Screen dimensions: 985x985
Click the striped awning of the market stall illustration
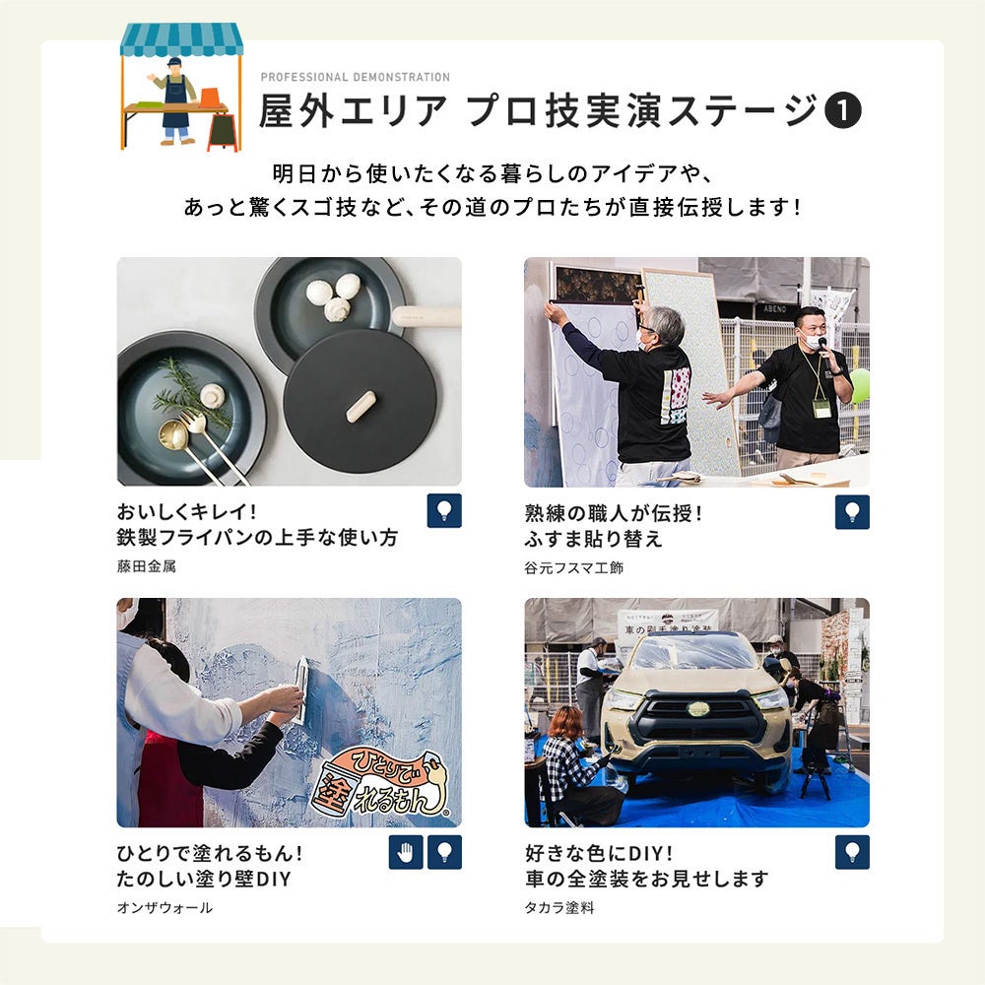click(x=181, y=39)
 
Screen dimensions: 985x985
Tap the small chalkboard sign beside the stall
click(x=223, y=132)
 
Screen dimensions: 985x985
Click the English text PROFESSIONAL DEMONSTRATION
click(x=355, y=77)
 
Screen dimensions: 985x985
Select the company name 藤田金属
click(x=147, y=566)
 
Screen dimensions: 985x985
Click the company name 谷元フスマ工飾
click(x=573, y=568)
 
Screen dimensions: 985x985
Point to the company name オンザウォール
click(x=164, y=908)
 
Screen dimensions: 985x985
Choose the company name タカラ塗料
click(x=559, y=908)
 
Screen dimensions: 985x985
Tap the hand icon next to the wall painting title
click(x=406, y=852)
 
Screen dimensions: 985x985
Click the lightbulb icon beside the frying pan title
click(x=444, y=510)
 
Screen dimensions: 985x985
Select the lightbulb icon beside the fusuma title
click(x=852, y=512)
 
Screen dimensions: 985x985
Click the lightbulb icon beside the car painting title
click(x=852, y=852)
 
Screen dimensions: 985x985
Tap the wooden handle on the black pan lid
click(x=361, y=407)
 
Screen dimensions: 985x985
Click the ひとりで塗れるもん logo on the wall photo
click(x=383, y=784)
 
